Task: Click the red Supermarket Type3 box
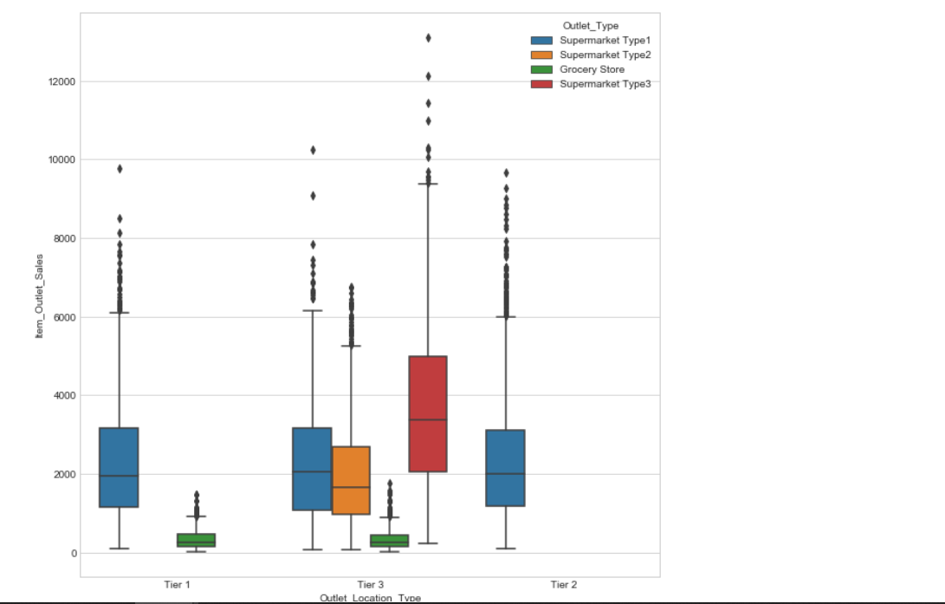coord(428,413)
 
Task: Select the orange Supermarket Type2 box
coord(351,480)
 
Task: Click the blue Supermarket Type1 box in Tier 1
coord(119,467)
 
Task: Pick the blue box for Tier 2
coord(505,468)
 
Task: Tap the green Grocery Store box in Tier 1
coord(196,540)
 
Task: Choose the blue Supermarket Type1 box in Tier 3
coord(312,469)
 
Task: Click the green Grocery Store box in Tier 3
coord(389,541)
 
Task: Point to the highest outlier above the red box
coord(428,38)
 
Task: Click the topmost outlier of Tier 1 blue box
coord(120,169)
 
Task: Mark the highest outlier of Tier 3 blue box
coord(313,150)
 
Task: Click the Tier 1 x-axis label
coord(177,585)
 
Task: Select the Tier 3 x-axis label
coord(370,585)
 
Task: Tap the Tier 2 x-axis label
coord(563,585)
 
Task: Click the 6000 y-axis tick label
coord(63,317)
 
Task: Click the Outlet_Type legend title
coord(590,26)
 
